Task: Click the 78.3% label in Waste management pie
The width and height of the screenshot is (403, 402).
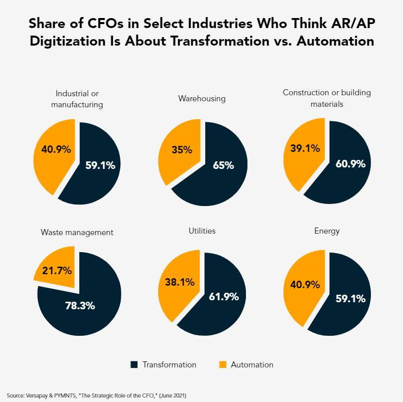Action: tap(80, 305)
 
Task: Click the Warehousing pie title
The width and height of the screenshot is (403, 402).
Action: tap(202, 98)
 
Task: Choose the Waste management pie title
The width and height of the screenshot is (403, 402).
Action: tap(77, 232)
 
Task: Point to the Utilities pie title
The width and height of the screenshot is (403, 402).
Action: tap(202, 231)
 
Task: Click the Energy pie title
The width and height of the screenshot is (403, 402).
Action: tap(327, 231)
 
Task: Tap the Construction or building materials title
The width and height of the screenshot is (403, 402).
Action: tap(327, 98)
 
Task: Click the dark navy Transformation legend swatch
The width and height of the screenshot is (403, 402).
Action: tap(134, 364)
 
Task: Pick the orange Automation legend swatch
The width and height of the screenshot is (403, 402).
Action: tap(222, 364)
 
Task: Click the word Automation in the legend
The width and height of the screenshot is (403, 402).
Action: tap(252, 364)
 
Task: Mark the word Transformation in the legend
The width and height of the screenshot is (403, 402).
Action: tap(169, 364)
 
